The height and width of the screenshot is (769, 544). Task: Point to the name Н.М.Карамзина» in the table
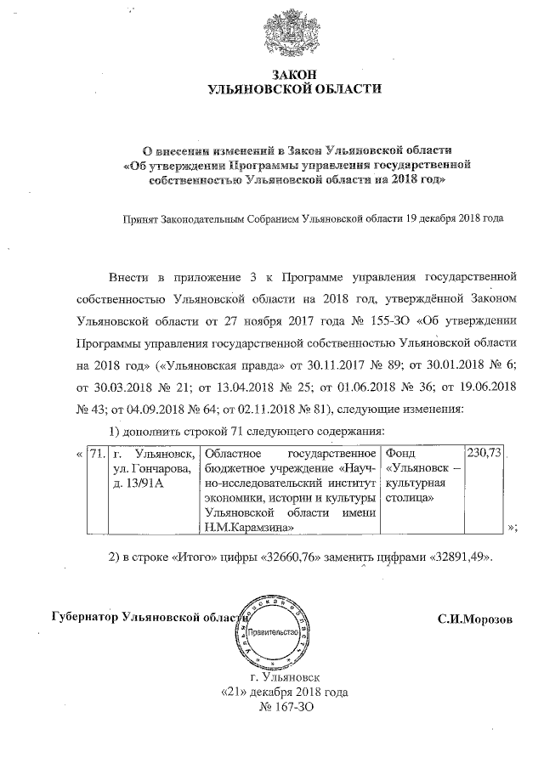tap(248, 529)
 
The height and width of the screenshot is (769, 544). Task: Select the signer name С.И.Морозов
tap(475, 618)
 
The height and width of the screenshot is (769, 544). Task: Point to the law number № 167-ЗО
tap(280, 708)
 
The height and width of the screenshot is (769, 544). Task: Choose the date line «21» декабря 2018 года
tap(280, 693)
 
